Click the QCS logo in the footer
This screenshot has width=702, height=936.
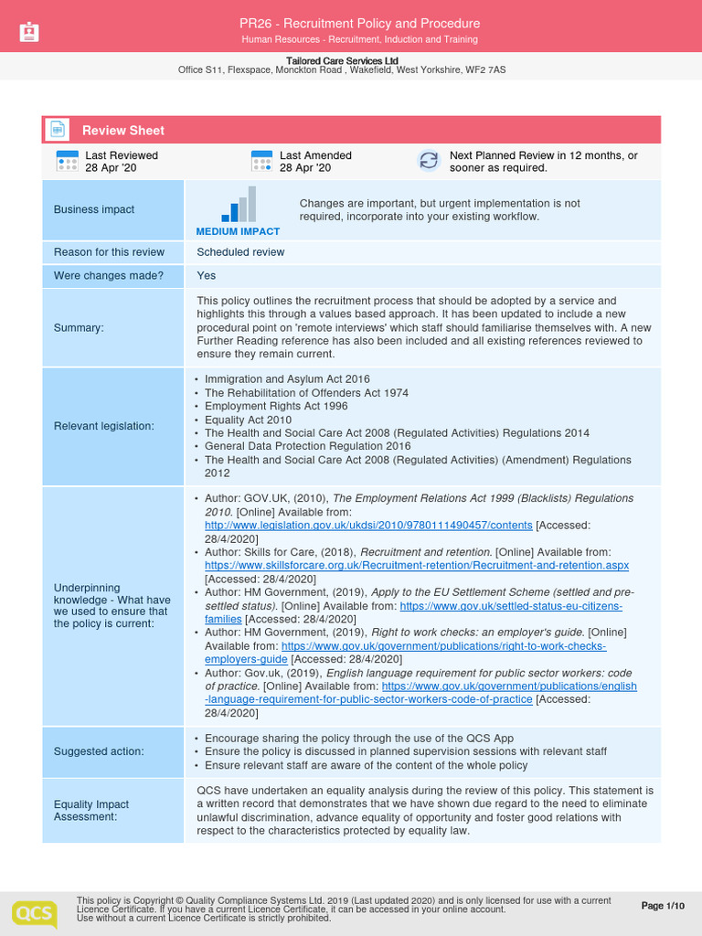click(34, 913)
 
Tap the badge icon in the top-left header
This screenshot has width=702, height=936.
click(29, 33)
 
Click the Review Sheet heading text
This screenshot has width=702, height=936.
click(123, 131)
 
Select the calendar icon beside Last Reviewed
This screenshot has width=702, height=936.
click(67, 162)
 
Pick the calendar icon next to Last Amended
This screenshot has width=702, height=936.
click(261, 162)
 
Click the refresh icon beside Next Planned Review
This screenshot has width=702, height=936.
click(428, 161)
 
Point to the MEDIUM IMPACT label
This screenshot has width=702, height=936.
click(238, 231)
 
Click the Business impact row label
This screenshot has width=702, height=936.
click(94, 209)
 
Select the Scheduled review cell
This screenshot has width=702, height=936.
click(240, 252)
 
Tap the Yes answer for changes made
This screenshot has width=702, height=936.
click(207, 275)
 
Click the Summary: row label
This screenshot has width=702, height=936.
click(79, 327)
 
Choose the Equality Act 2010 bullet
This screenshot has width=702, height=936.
click(248, 420)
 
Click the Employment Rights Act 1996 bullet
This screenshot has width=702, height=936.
click(276, 406)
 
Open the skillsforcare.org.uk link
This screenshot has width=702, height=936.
click(416, 566)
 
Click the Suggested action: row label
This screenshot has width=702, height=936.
click(99, 751)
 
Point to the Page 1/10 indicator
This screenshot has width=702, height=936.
click(663, 906)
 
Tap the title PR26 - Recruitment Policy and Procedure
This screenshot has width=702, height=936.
click(359, 23)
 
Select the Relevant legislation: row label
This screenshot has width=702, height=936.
click(104, 426)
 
